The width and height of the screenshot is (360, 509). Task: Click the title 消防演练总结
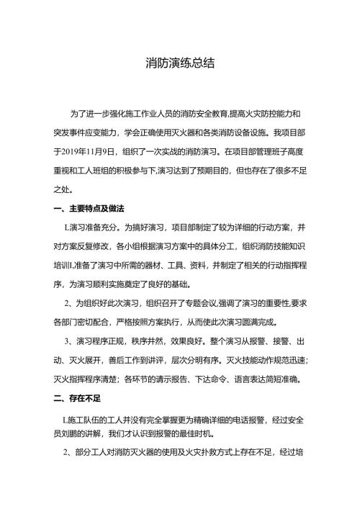pos(179,63)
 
